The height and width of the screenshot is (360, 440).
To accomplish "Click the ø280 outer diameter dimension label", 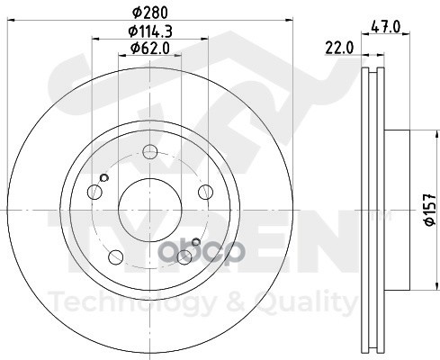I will [149, 12].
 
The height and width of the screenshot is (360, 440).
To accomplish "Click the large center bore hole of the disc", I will [148, 209].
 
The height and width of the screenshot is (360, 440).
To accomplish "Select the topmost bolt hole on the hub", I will [149, 163].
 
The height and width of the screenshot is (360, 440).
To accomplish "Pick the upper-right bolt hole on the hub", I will [206, 190].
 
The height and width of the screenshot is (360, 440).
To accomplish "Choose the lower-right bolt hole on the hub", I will [184, 257].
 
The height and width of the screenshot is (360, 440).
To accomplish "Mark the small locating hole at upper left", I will [103, 178].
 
